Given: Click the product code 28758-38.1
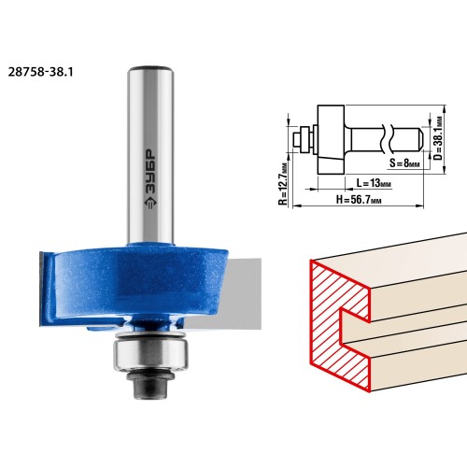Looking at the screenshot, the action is [x=40, y=72].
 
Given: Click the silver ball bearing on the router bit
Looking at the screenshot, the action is [x=151, y=354].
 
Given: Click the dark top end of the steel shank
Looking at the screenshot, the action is [x=150, y=68].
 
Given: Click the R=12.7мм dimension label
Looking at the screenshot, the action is [x=283, y=184].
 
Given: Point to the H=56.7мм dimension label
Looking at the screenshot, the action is [x=359, y=200].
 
